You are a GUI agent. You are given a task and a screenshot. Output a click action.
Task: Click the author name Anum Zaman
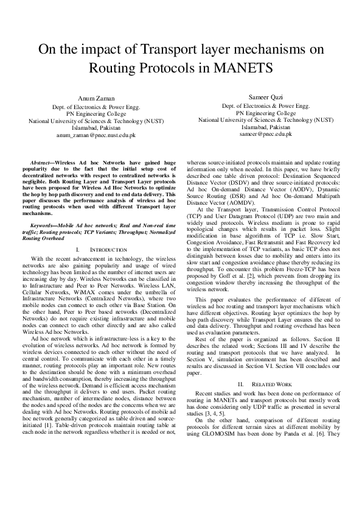97,99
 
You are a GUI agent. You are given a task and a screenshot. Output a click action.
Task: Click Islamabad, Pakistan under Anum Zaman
97,127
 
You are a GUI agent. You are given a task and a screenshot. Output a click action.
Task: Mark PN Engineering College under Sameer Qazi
266,113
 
